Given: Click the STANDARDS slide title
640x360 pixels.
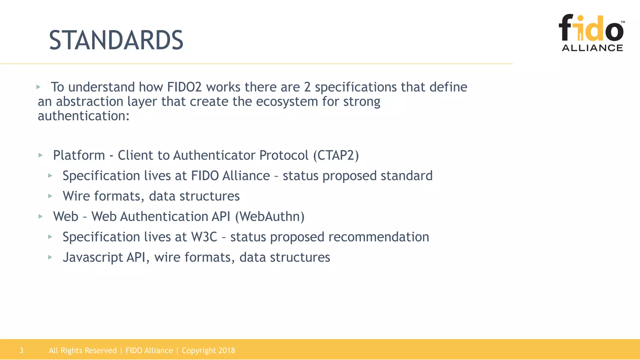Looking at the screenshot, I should pos(116,40).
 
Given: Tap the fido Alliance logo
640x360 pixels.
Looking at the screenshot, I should pos(592,33).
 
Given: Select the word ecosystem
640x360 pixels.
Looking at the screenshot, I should pos(287,102).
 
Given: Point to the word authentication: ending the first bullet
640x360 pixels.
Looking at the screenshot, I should pos(83,116).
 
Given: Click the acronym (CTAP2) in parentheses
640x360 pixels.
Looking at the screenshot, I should pos(336,155).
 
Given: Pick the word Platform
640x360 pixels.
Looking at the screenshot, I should pos(79,155).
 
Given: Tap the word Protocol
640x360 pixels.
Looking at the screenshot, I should pos(284,155).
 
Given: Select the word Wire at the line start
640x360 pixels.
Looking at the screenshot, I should pos(76,196).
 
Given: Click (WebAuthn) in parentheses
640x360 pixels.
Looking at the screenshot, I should pos(270,217).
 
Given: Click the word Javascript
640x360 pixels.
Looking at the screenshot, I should pos(92,257).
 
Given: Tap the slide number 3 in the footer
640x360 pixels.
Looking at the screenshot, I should pos(21,351).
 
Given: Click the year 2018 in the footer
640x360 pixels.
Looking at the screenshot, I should pos(227,351).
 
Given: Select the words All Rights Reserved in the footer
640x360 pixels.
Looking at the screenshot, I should pos(82,351).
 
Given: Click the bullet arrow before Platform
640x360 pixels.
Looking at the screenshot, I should pos(40,155).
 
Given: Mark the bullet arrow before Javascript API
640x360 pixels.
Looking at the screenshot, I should pos(50,257).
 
